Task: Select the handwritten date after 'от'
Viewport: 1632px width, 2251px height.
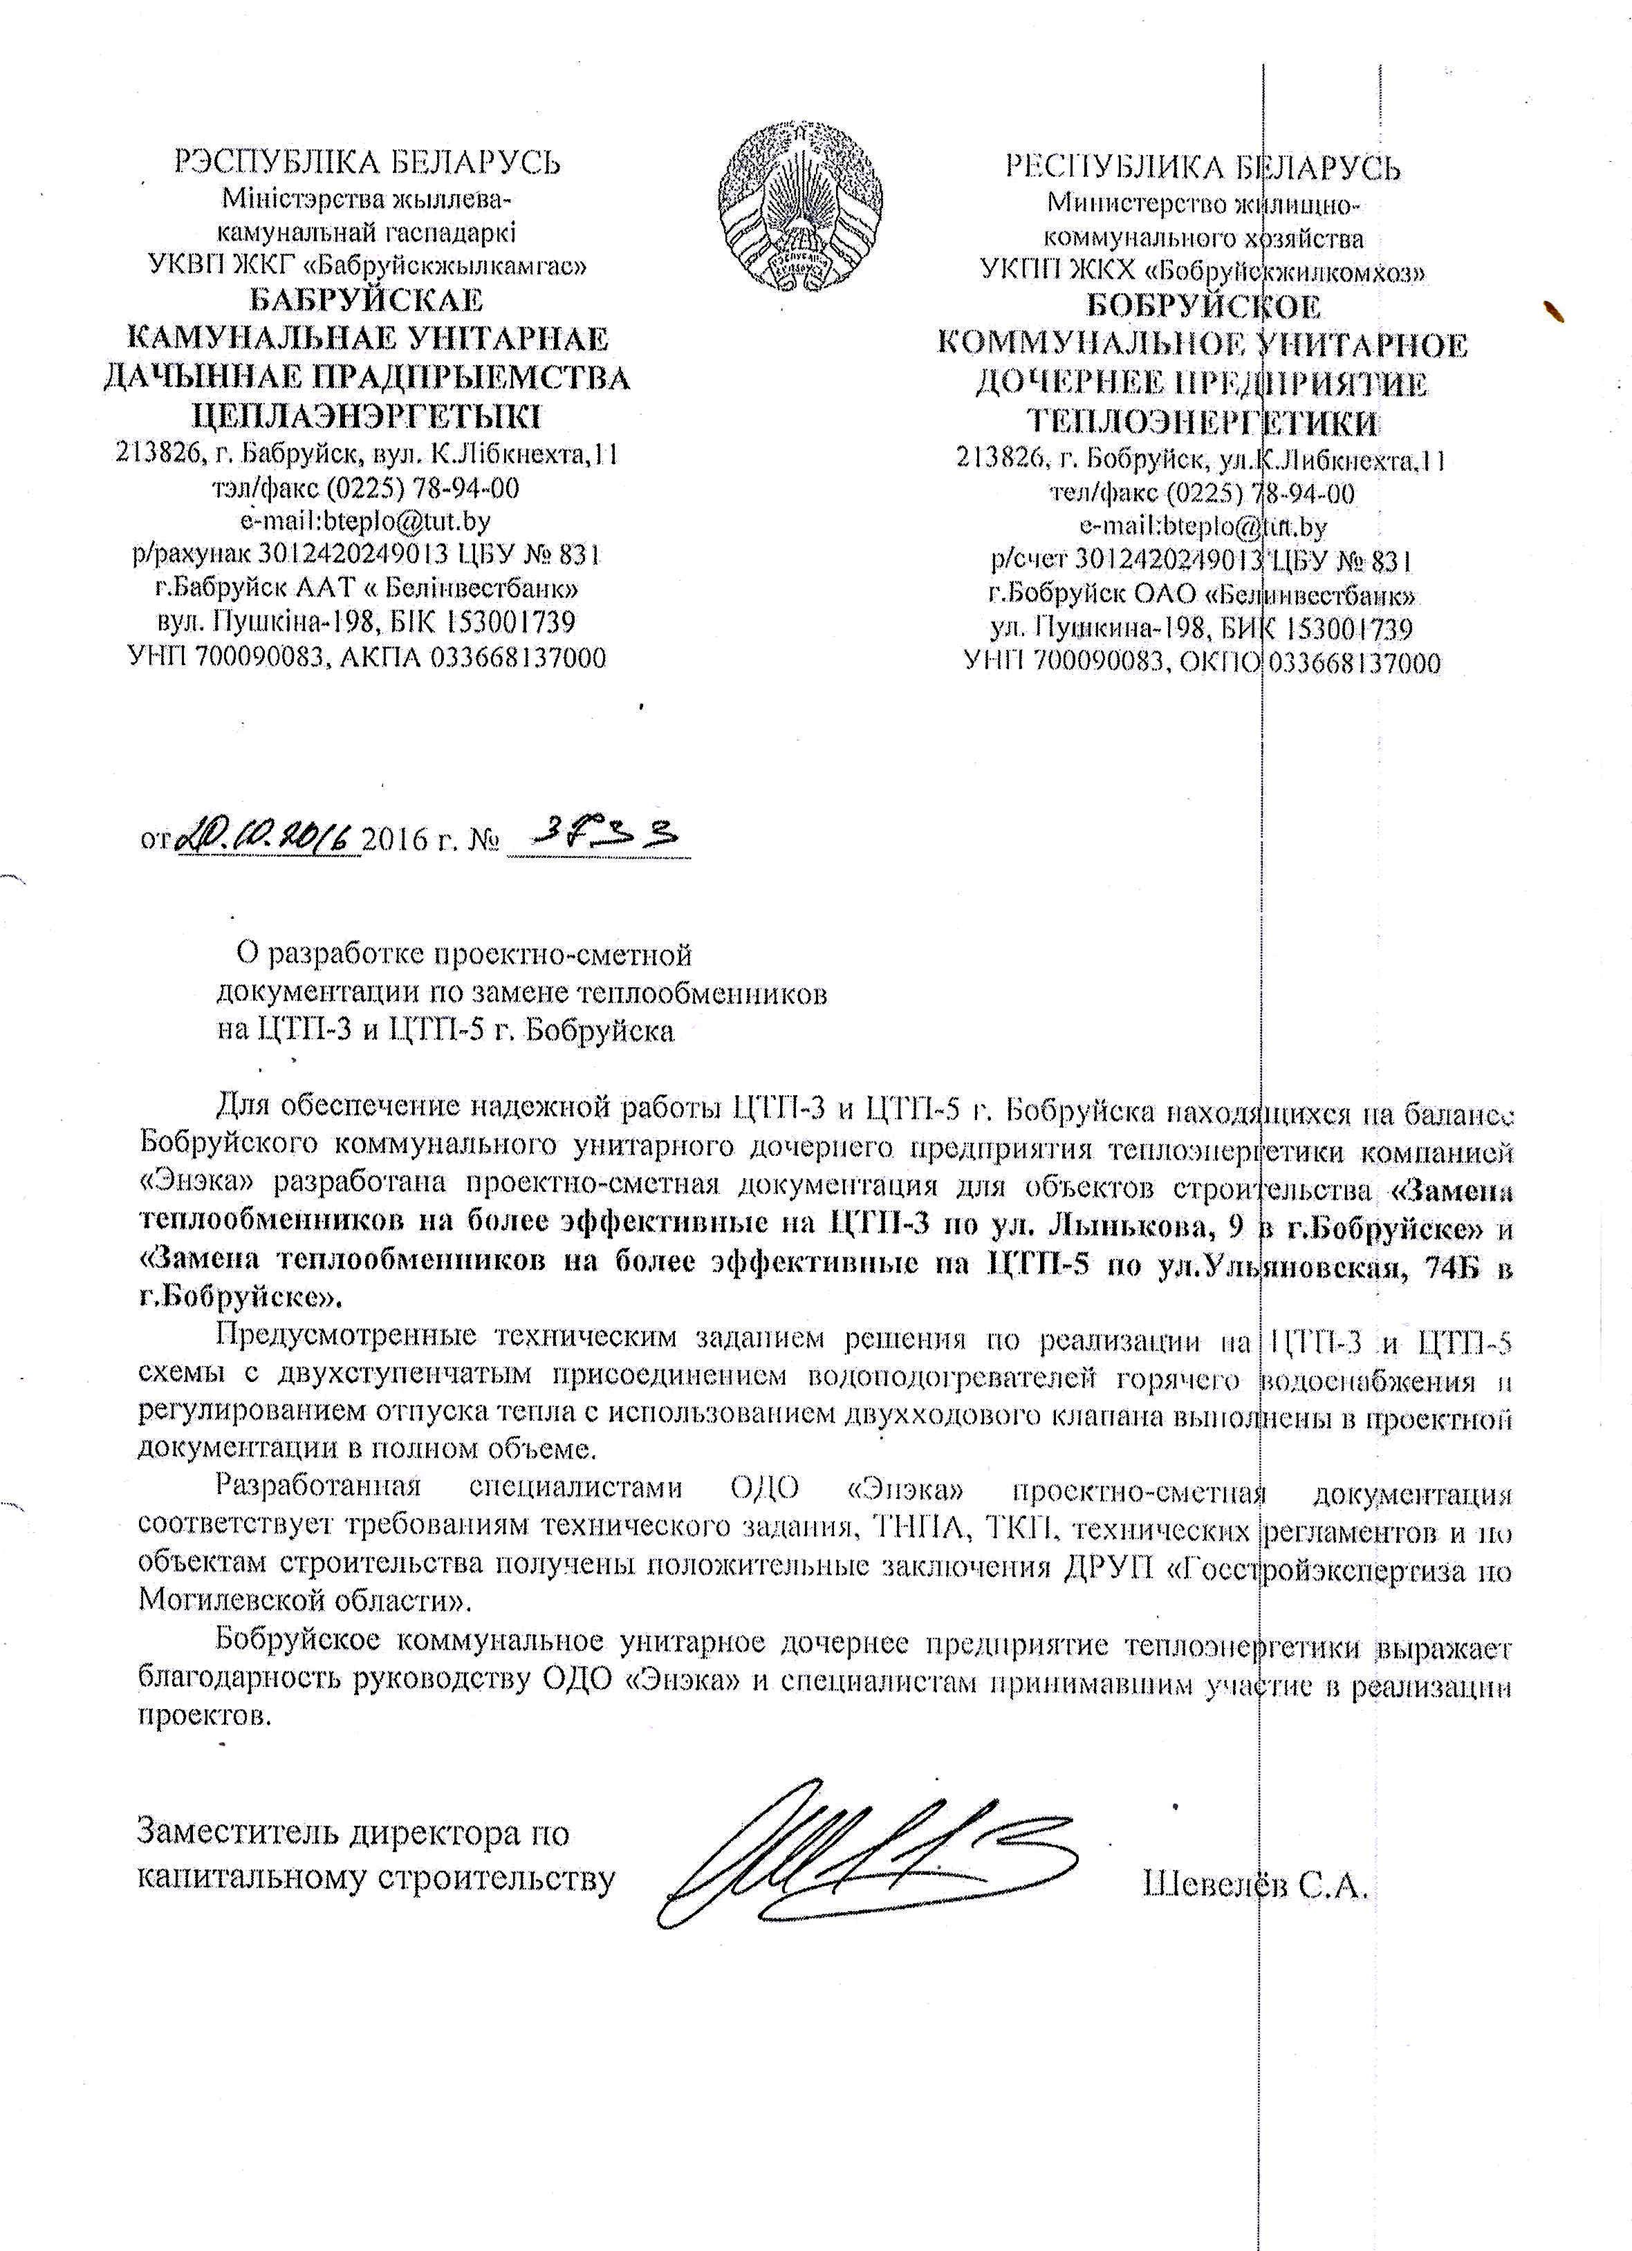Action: click(266, 838)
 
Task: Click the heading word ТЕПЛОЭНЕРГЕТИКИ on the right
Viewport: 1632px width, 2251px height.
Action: click(1202, 422)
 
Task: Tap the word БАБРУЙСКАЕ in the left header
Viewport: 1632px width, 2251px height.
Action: click(367, 300)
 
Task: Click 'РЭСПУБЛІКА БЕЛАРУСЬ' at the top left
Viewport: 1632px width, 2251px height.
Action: click(367, 162)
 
